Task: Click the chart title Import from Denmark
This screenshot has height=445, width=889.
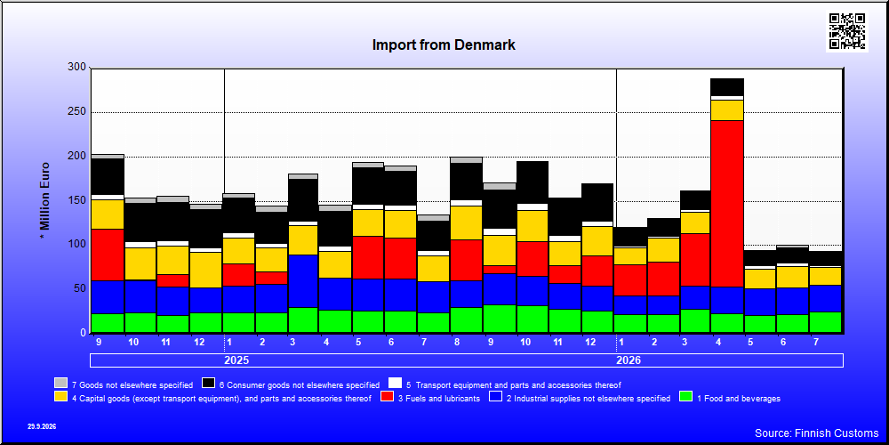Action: coord(444,44)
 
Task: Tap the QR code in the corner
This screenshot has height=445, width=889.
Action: coord(847,30)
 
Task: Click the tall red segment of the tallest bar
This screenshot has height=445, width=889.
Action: coord(727,203)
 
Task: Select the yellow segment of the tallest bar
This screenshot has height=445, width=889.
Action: coord(727,110)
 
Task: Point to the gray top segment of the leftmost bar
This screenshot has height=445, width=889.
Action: coord(108,156)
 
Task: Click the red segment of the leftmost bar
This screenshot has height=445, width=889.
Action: coord(108,255)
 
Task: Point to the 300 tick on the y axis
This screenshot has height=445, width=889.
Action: coord(77,68)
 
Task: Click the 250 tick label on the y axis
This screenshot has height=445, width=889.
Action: coord(77,112)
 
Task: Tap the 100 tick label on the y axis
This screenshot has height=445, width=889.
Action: coord(77,245)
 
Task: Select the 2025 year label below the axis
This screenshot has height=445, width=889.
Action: coord(236,360)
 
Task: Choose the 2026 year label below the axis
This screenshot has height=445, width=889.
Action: coord(629,360)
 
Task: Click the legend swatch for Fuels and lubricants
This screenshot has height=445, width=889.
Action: coord(388,397)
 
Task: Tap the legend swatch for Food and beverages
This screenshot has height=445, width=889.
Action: coord(686,397)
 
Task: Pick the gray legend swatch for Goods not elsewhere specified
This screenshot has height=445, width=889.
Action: coord(60,384)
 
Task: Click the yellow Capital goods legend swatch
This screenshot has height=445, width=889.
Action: coord(60,397)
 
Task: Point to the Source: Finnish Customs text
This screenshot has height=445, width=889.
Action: coord(816,433)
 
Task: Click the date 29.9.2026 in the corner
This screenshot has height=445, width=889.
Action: coord(42,426)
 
